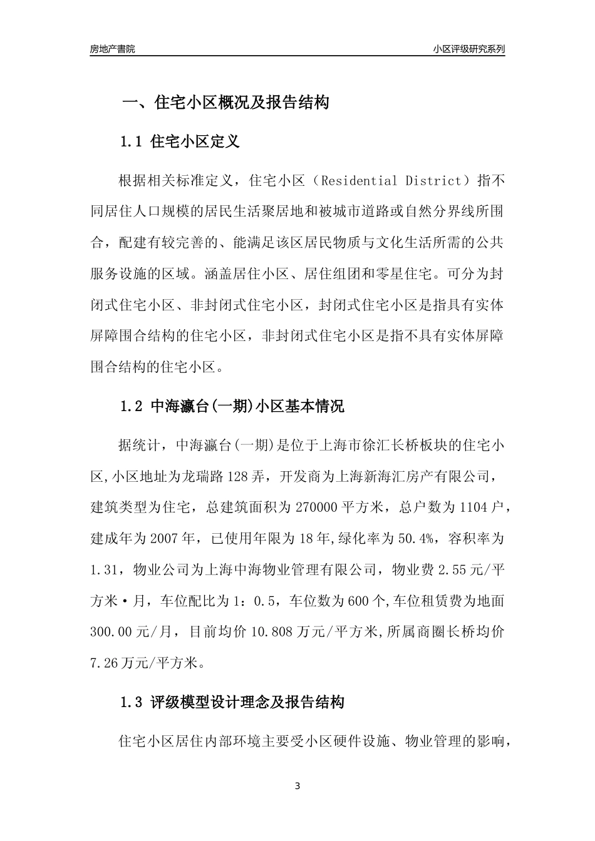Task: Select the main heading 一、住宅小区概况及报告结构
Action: [x=225, y=103]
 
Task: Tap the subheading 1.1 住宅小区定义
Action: [x=180, y=142]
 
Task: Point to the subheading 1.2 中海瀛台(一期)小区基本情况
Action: [x=232, y=407]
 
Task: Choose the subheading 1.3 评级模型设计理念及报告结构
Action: [x=232, y=703]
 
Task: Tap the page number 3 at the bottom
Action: [x=297, y=786]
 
